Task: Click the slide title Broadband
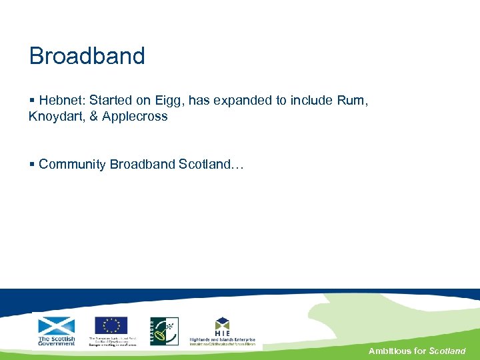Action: [x=87, y=56]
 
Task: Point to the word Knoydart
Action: [x=55, y=117]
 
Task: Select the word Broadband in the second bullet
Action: [x=143, y=165]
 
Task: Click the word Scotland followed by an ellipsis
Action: [x=211, y=165]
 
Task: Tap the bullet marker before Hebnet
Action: [x=32, y=101]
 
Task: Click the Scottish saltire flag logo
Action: [x=57, y=326]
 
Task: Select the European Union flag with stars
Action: [x=111, y=325]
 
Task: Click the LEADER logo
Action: [x=163, y=331]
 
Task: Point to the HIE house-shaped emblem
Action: [x=222, y=326]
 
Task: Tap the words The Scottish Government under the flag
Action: [x=57, y=341]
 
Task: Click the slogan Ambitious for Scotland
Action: [x=417, y=351]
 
